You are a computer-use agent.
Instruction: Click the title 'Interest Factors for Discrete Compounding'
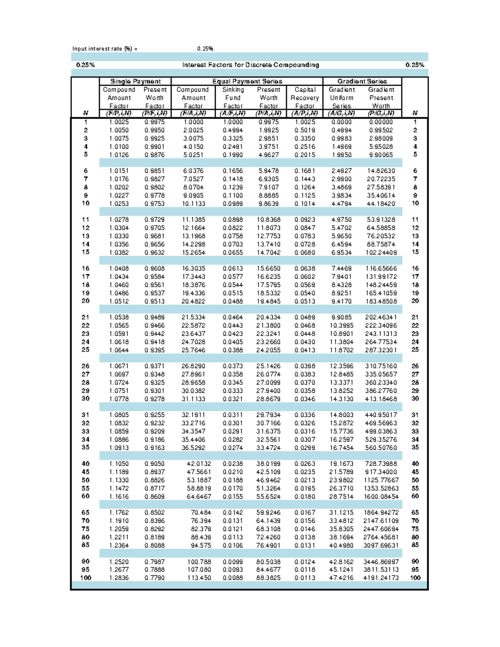click(250, 65)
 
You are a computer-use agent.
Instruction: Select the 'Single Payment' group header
click(135, 81)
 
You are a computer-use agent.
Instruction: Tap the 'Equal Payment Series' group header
click(247, 81)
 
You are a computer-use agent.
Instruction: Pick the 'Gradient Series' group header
click(362, 81)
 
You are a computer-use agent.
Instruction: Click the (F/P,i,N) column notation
click(119, 113)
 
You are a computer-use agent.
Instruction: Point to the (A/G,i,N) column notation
click(341, 113)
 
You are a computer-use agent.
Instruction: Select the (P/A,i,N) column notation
click(268, 113)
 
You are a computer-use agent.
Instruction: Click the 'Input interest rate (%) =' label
click(105, 49)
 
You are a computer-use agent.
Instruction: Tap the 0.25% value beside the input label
click(205, 49)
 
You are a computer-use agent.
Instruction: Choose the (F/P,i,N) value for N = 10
click(119, 204)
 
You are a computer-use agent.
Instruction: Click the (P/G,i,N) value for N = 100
click(381, 578)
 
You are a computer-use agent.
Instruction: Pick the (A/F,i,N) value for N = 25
click(232, 350)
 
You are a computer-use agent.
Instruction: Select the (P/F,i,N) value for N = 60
click(155, 497)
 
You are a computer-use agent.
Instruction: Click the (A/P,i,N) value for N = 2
click(305, 130)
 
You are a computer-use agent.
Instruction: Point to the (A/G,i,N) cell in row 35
click(341, 448)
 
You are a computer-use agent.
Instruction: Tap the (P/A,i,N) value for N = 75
click(268, 529)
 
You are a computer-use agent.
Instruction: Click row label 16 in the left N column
click(85, 269)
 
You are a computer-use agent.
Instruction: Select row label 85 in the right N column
click(415, 545)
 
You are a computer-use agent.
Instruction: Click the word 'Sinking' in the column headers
click(233, 90)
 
